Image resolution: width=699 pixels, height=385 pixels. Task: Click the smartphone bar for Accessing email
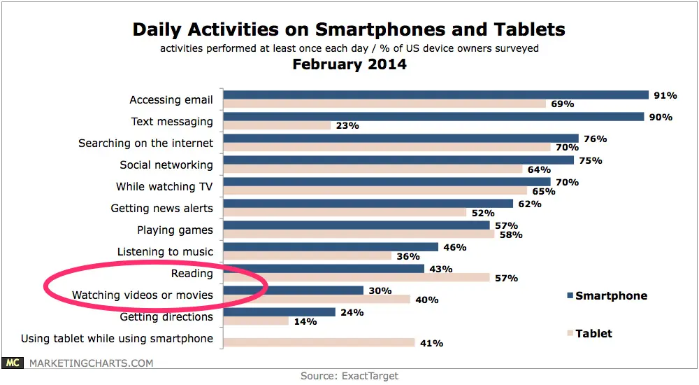point(436,95)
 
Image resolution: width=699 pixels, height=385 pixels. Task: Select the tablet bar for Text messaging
point(277,125)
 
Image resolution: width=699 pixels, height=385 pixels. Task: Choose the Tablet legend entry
point(593,333)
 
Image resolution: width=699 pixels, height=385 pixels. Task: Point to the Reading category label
point(192,273)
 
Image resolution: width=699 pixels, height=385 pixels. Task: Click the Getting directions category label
point(166,316)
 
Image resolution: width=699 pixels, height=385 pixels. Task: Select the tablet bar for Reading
point(356,277)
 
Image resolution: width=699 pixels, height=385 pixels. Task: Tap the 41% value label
point(431,343)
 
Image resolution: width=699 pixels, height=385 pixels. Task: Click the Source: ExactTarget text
point(349,376)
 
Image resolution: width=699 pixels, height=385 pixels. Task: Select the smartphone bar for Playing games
point(356,225)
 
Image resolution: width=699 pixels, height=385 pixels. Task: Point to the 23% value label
point(347,126)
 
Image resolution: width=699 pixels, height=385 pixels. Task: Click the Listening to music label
point(165,251)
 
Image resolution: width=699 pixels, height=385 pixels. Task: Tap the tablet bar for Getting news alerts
point(345,212)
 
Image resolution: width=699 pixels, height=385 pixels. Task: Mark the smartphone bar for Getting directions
point(280,312)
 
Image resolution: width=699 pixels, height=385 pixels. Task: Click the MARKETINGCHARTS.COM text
point(90,363)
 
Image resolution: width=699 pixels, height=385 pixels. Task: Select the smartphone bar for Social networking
point(398,160)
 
